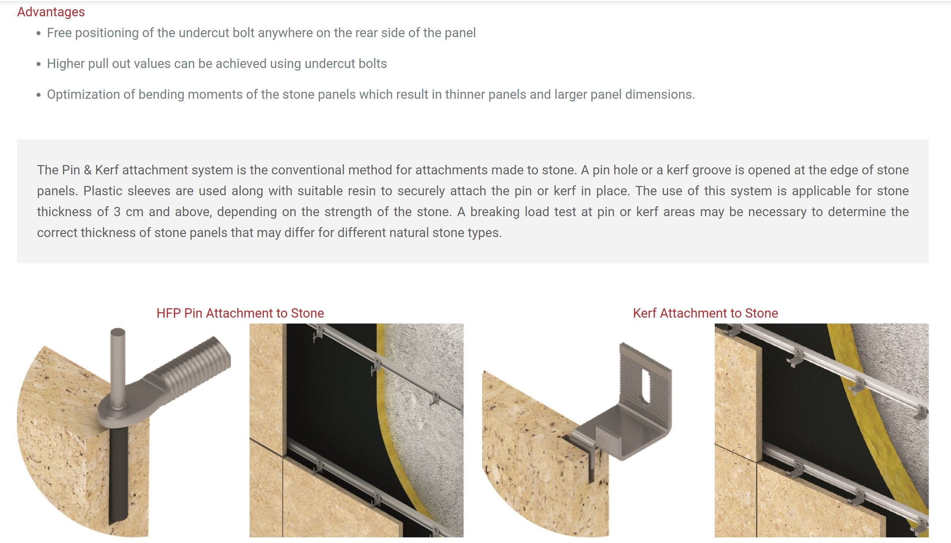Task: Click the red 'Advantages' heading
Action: [x=51, y=12]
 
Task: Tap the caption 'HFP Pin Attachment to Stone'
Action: [x=240, y=313]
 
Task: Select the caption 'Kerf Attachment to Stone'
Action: [x=705, y=313]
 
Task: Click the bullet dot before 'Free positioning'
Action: [x=38, y=33]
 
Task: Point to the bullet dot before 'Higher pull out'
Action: [x=38, y=64]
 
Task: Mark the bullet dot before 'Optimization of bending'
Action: [x=38, y=95]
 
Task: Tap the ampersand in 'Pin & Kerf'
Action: [x=87, y=170]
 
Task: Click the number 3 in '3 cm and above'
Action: [x=117, y=212]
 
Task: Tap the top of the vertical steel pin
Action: [x=118, y=332]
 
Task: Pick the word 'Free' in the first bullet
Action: [x=59, y=33]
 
